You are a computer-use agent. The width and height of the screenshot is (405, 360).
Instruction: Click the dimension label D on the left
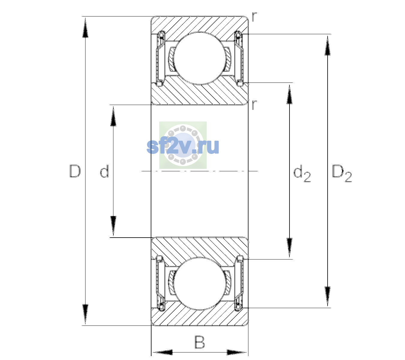pos(75,171)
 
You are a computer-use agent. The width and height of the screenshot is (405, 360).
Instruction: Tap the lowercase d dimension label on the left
pos(104,171)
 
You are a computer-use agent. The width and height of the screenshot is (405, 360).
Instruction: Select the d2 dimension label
pos(302,173)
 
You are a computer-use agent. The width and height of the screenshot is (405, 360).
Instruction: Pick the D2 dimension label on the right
pos(342,173)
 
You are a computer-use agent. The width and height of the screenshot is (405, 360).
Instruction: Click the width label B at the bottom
pos(199,342)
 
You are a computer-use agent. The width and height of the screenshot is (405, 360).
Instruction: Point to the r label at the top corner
pos(254,16)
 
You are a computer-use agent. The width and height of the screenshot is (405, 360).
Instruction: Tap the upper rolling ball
pos(199,58)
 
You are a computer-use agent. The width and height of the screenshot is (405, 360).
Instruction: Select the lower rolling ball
pos(199,283)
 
